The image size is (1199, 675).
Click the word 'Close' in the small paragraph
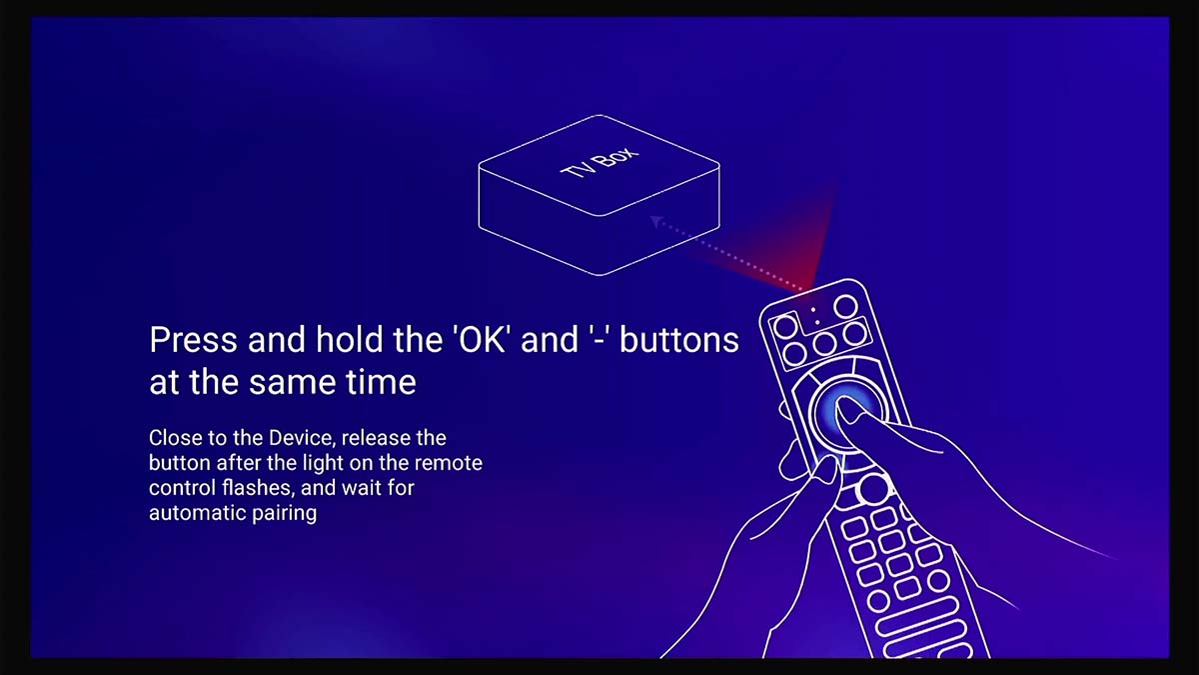173,438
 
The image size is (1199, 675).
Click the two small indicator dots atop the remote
815,314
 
